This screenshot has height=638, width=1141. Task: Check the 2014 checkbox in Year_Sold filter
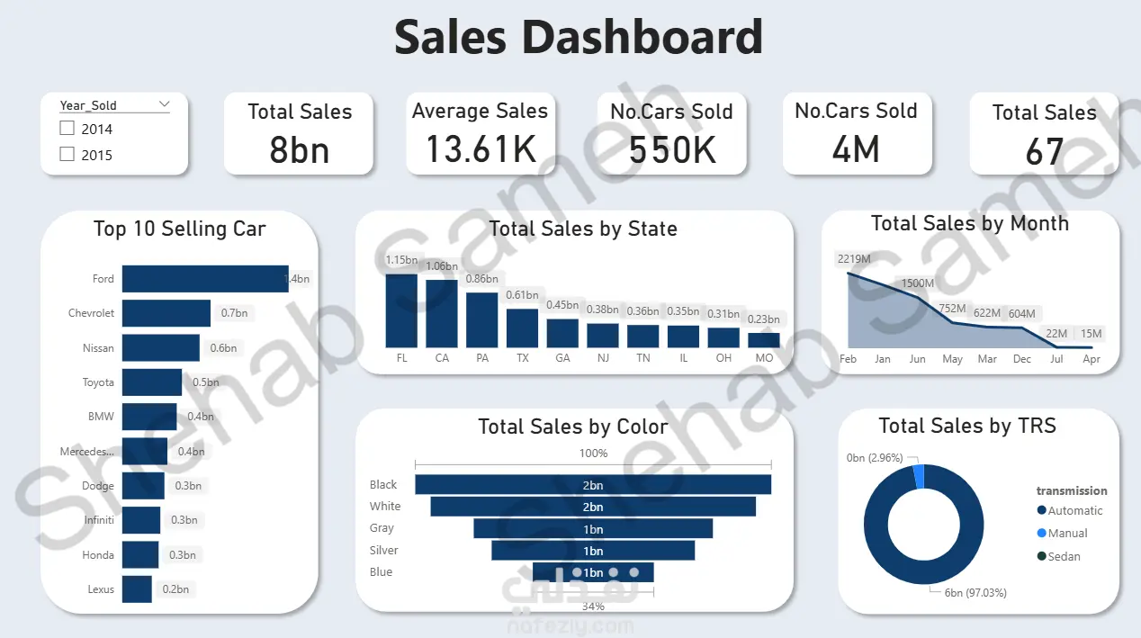67,129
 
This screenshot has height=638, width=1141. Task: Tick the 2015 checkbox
67,155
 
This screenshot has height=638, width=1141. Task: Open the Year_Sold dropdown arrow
164,104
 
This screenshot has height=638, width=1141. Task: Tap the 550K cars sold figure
672,149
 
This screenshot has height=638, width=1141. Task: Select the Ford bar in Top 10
205,279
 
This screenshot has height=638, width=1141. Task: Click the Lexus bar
137,589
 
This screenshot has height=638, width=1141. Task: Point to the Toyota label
98,382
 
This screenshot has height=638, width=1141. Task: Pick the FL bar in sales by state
401,310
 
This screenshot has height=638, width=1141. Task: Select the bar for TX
522,328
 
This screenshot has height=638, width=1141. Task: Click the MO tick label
764,358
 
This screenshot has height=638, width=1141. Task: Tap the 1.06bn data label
442,266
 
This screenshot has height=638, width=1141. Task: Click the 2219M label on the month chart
853,259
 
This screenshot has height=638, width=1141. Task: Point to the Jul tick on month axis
1056,359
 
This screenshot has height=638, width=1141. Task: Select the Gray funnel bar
593,528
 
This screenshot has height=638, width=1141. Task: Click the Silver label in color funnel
383,550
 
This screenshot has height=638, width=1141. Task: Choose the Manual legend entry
1067,534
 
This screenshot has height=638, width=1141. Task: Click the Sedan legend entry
1064,557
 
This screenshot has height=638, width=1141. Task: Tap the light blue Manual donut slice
918,476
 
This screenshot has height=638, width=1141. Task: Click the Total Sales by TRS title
967,426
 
